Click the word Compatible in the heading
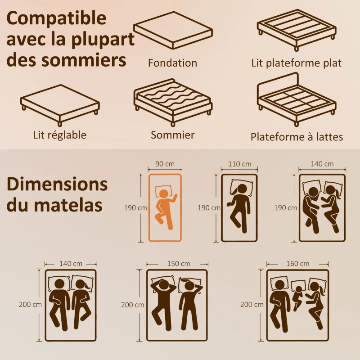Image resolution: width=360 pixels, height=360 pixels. (56, 19)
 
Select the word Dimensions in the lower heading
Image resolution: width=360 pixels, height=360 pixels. (57, 184)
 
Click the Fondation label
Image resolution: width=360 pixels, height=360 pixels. (172, 63)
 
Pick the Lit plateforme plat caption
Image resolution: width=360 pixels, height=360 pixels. (297, 63)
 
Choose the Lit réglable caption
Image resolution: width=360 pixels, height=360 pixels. (59, 135)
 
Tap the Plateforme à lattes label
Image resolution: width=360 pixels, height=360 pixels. (297, 137)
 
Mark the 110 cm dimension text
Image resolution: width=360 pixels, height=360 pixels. (239, 164)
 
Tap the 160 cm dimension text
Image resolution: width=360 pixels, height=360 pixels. (297, 263)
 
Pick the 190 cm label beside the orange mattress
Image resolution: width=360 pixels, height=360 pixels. (135, 208)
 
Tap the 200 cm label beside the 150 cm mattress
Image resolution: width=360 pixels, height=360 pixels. (132, 305)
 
